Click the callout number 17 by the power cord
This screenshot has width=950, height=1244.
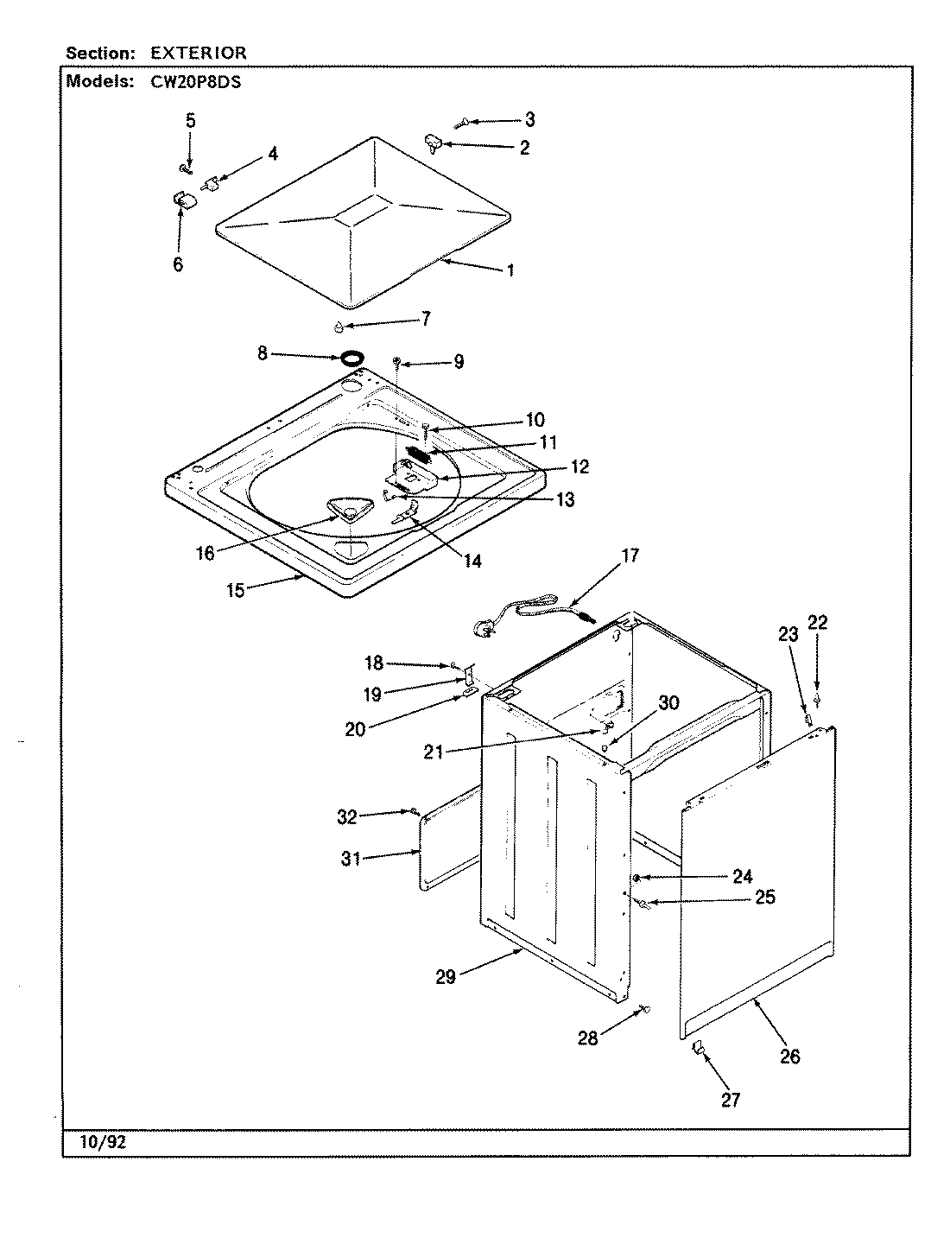click(630, 555)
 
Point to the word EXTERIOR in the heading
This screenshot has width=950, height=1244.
click(199, 53)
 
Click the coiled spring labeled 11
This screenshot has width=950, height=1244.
click(417, 452)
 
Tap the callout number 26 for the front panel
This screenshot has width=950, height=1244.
click(789, 1056)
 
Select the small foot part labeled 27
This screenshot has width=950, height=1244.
click(698, 1049)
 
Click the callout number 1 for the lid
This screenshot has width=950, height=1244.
click(510, 270)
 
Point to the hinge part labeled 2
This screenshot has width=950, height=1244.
click(434, 143)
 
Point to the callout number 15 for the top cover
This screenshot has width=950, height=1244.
click(235, 590)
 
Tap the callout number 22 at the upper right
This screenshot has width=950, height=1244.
click(817, 623)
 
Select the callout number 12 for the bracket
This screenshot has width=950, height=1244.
click(579, 466)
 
